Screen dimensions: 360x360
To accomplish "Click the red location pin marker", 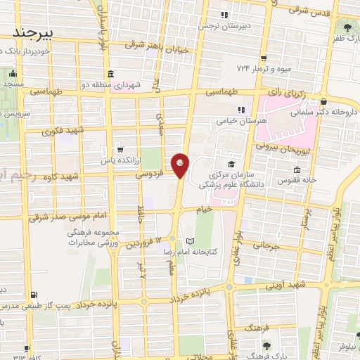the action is tap(181, 165).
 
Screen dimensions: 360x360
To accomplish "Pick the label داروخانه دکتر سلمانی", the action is tap(328, 111).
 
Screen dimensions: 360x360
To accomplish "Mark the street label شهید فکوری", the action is tap(63, 131).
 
